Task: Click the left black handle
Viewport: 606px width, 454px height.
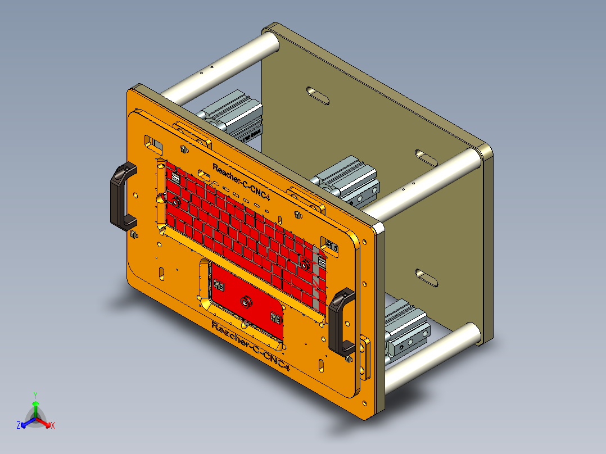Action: pos(119,194)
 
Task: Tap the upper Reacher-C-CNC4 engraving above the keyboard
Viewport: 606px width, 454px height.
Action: pos(242,182)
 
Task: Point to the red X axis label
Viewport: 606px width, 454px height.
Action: pos(53,426)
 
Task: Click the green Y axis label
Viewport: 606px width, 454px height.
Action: pos(35,394)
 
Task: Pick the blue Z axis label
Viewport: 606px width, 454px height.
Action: pos(19,426)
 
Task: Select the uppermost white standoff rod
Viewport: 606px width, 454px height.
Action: pos(219,67)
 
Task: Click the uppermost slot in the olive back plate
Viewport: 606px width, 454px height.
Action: pos(318,95)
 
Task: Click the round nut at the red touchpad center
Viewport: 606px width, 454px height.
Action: pos(245,303)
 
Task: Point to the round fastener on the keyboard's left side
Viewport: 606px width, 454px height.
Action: pos(175,201)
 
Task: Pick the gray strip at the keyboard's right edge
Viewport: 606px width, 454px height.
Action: pos(322,275)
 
